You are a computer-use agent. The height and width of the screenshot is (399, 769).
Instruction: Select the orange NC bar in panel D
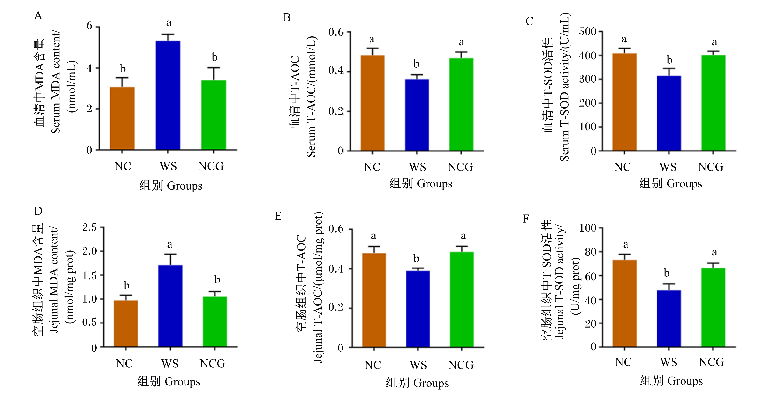(126, 323)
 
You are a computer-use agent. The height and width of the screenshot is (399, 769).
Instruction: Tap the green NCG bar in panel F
(713, 307)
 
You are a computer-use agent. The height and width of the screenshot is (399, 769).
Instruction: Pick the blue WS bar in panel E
(418, 309)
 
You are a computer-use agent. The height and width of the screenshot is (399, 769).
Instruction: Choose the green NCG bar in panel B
(461, 105)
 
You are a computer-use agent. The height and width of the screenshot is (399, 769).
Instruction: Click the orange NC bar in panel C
(625, 102)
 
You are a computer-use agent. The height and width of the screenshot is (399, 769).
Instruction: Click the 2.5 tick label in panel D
(90, 227)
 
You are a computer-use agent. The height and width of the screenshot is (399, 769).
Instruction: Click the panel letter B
(287, 18)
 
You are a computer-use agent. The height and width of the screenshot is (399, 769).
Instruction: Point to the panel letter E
(278, 216)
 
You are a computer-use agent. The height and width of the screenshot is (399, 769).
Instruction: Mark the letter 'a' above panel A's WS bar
(169, 23)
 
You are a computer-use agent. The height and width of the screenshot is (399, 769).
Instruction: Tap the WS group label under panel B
(418, 167)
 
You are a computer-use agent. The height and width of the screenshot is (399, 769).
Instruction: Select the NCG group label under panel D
(213, 364)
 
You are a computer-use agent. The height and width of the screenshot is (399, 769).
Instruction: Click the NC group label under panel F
(623, 362)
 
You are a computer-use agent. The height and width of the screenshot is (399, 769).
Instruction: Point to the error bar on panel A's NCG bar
(214, 74)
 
